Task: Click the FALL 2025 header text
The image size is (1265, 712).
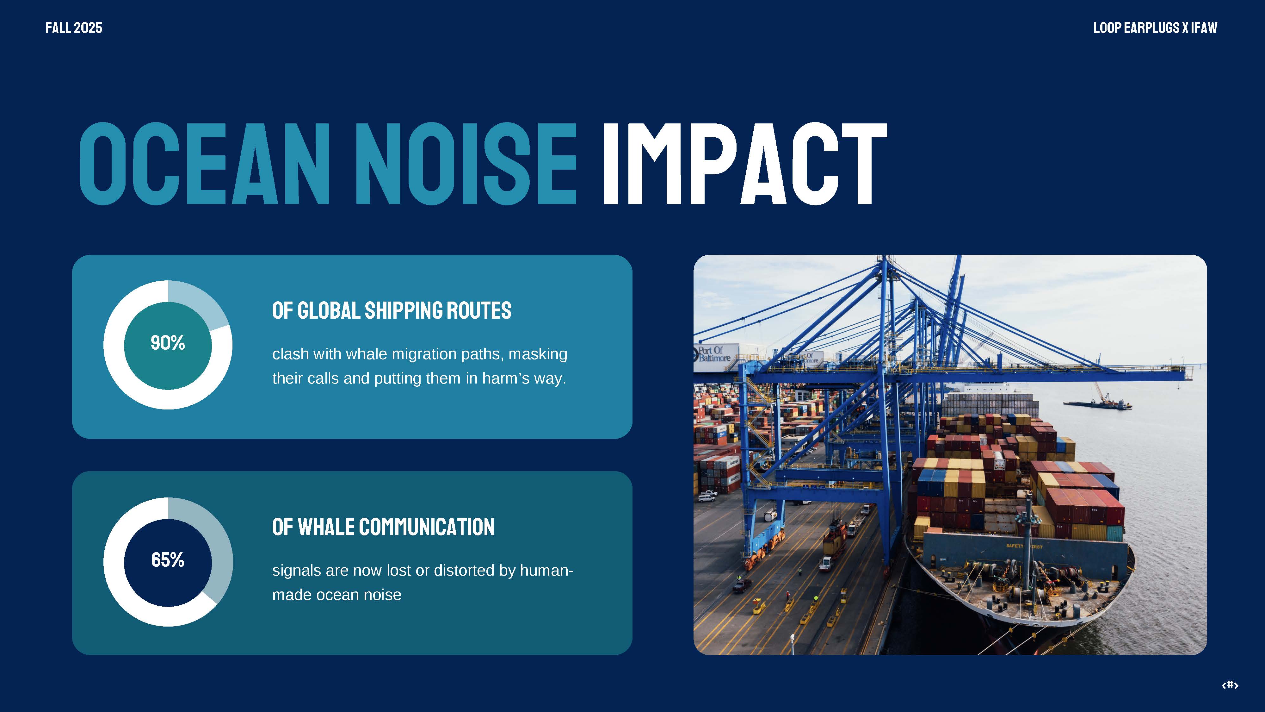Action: (74, 28)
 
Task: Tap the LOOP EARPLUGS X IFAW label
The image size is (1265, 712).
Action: (1155, 28)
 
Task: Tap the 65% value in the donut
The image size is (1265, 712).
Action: (168, 560)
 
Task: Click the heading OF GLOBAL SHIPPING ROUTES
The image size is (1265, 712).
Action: (392, 310)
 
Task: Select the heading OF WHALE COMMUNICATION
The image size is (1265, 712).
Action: (383, 527)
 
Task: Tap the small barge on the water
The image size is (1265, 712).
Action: (1098, 404)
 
